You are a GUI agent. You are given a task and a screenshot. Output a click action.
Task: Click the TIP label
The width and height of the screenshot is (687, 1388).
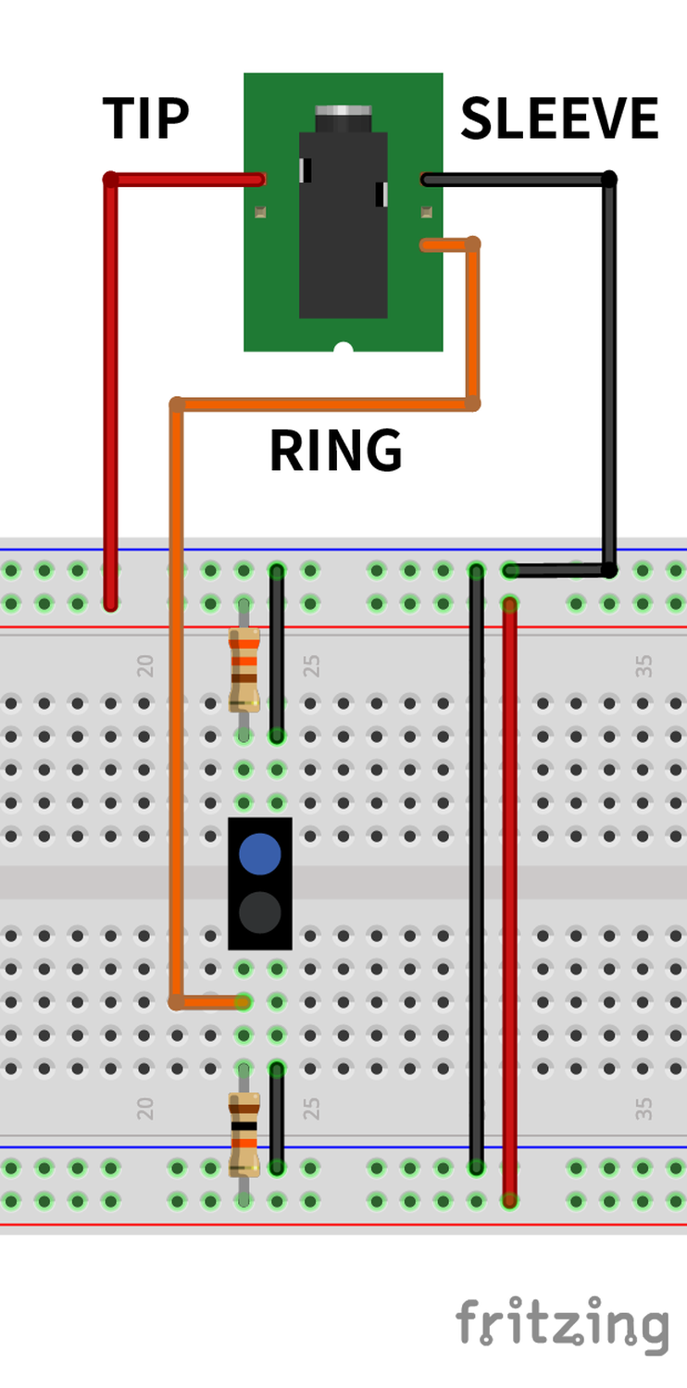pyautogui.click(x=145, y=118)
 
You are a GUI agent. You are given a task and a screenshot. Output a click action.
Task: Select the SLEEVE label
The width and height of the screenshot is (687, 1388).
pyautogui.click(x=559, y=118)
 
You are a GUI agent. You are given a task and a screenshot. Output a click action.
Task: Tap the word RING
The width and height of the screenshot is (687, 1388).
pyautogui.click(x=335, y=451)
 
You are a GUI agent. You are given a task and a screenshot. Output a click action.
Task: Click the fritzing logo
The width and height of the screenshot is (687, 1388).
pyautogui.click(x=561, y=1324)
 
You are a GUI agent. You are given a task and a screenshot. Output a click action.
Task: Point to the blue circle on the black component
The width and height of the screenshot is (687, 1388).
pyautogui.click(x=260, y=853)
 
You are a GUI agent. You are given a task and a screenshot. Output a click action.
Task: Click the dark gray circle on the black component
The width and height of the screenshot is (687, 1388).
pyautogui.click(x=260, y=912)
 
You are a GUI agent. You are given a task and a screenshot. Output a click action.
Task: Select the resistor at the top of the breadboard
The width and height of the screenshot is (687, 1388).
pyautogui.click(x=244, y=668)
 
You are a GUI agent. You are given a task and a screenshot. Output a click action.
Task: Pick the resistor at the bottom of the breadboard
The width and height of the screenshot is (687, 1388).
pyautogui.click(x=244, y=1133)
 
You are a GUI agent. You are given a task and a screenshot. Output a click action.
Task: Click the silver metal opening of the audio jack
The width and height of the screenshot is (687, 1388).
pyautogui.click(x=343, y=118)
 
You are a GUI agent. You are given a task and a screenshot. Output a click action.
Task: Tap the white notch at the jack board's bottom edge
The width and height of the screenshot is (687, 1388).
pyautogui.click(x=343, y=348)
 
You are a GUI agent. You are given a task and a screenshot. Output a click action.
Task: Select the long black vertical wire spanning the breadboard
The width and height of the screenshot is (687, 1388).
pyautogui.click(x=476, y=870)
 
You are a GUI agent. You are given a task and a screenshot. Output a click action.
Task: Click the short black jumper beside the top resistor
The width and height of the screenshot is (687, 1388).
pyautogui.click(x=277, y=652)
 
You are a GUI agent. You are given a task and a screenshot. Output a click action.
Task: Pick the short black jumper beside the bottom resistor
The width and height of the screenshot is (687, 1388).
pyautogui.click(x=277, y=1118)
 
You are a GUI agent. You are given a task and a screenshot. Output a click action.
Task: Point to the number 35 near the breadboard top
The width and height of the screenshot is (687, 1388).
pyautogui.click(x=644, y=665)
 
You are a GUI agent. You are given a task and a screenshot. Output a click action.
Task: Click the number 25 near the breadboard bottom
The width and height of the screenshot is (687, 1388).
pyautogui.click(x=312, y=1108)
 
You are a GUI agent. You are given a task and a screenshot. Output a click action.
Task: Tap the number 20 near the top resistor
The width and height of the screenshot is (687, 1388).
pyautogui.click(x=145, y=665)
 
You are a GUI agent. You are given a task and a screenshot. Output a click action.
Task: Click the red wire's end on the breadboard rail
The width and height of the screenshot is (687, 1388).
pyautogui.click(x=111, y=604)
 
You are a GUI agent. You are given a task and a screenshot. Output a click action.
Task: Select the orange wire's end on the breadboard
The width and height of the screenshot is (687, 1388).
pyautogui.click(x=243, y=1001)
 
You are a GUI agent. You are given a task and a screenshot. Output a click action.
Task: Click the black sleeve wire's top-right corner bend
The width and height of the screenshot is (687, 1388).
pyautogui.click(x=608, y=179)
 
